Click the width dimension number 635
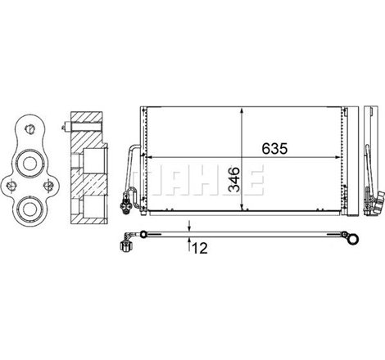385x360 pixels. pos(274,149)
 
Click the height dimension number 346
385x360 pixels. pos(234,180)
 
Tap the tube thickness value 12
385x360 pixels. pos(200,248)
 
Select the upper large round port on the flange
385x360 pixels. pos(29,164)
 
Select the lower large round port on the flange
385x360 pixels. pos(29,209)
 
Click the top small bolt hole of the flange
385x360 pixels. pos(29,128)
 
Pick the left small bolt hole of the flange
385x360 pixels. pos(11,186)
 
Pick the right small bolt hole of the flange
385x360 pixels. pos(48,185)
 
